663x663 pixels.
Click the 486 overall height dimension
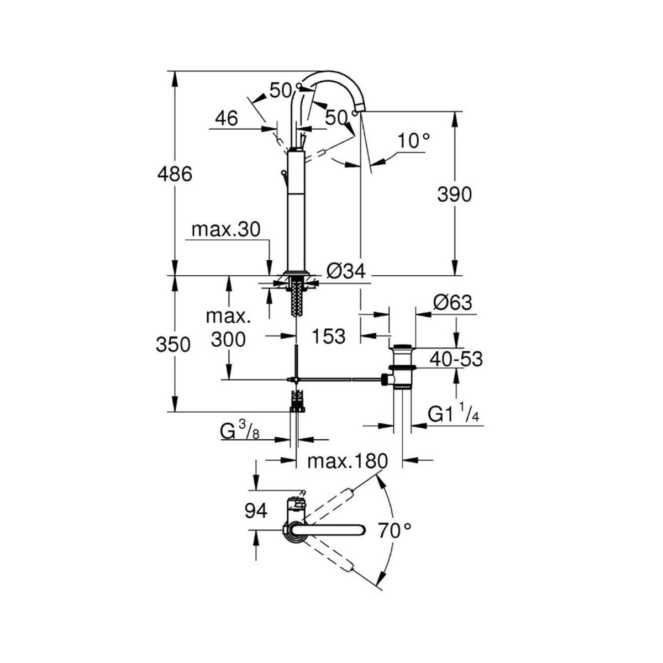pyautogui.click(x=175, y=174)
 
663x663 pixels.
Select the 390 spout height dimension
pyautogui.click(x=455, y=194)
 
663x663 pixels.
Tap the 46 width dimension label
pyautogui.click(x=227, y=118)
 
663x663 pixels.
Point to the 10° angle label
pyautogui.click(x=414, y=141)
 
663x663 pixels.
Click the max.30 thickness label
pyautogui.click(x=226, y=229)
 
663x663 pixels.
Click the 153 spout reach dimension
pyautogui.click(x=328, y=336)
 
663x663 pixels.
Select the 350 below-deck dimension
pyautogui.click(x=173, y=344)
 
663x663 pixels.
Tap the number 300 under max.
pyautogui.click(x=228, y=340)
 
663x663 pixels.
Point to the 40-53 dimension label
pyautogui.click(x=456, y=360)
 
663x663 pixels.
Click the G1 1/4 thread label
pyautogui.click(x=454, y=414)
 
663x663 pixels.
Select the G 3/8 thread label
pyautogui.click(x=240, y=432)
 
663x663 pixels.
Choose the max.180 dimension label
pyautogui.click(x=348, y=461)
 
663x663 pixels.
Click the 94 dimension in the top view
pyautogui.click(x=256, y=520)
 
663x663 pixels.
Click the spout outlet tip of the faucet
pyautogui.click(x=360, y=111)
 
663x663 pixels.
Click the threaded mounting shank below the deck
pyautogui.click(x=296, y=298)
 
